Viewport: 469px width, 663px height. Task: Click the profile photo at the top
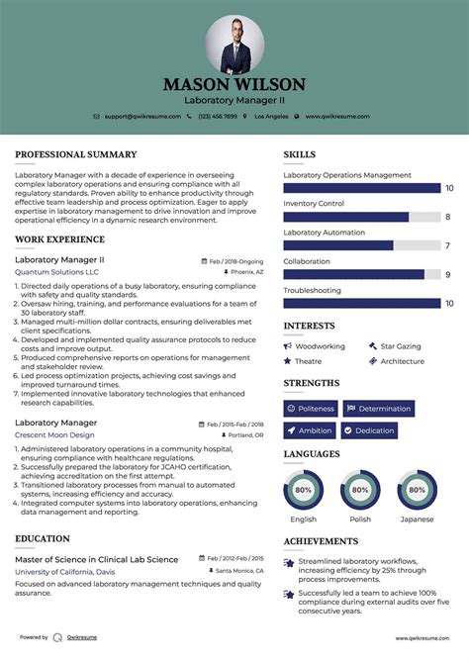234,43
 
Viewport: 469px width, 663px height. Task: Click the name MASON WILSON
234,85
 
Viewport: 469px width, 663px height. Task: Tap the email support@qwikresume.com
141,117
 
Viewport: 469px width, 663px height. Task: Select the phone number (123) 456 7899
218,117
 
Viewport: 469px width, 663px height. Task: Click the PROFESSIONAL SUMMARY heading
75,154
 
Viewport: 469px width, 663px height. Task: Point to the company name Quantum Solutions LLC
56,271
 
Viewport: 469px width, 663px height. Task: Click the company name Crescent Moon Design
54,434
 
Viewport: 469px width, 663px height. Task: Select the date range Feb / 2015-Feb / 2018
235,424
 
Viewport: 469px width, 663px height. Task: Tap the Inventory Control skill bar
360,217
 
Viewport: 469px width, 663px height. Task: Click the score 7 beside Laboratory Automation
448,245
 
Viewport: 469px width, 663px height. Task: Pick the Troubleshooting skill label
312,290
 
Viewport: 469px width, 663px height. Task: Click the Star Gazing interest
401,346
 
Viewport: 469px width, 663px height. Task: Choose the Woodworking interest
320,346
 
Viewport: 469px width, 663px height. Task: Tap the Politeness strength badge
311,408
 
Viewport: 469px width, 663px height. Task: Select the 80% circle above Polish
360,489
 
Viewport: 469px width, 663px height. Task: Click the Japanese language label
417,520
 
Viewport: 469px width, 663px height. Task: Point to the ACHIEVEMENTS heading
321,541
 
